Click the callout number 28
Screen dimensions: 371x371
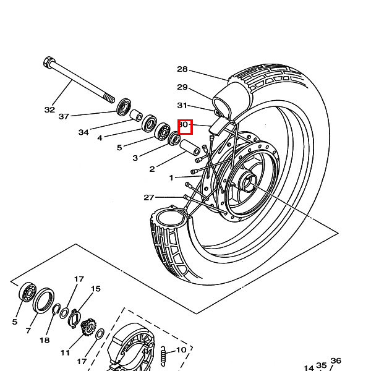[x=182, y=69]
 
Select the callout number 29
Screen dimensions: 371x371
[x=182, y=87]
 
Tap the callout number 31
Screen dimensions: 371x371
[x=182, y=105]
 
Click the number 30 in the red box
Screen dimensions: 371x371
[x=184, y=125]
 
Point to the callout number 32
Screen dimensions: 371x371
[x=49, y=109]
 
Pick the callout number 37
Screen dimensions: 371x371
[x=64, y=116]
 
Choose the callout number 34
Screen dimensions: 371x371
[x=83, y=132]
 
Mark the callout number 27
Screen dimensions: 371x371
[x=149, y=198]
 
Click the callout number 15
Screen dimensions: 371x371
[x=95, y=289]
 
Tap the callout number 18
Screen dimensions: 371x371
[x=45, y=340]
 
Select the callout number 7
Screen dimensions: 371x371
[x=28, y=331]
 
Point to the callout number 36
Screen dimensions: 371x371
[x=336, y=360]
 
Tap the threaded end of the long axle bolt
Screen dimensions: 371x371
[x=109, y=98]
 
